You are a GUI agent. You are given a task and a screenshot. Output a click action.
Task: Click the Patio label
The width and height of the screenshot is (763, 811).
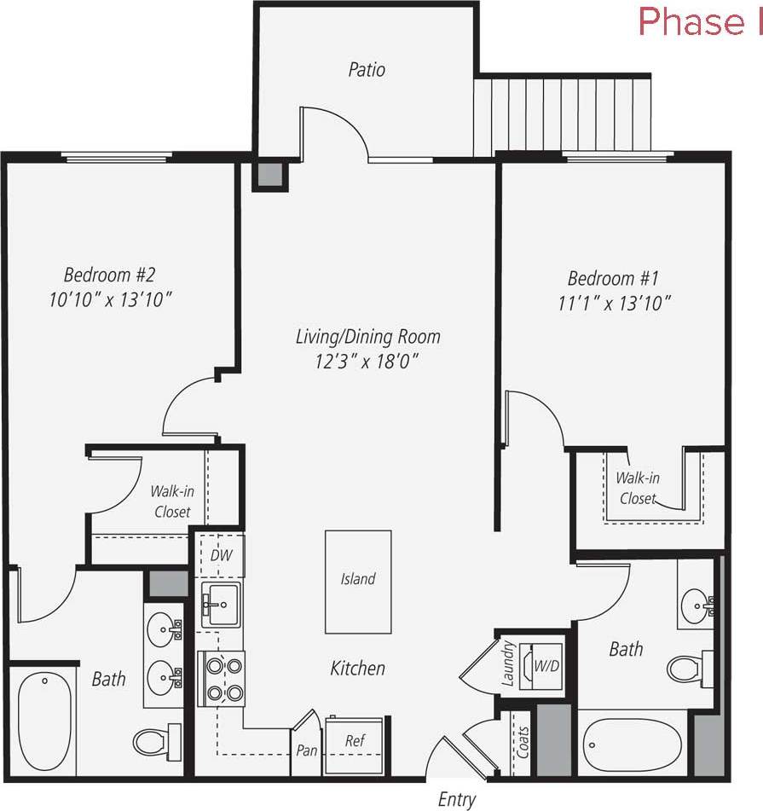coord(367,69)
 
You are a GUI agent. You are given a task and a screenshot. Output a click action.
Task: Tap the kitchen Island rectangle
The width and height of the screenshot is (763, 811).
coord(358,582)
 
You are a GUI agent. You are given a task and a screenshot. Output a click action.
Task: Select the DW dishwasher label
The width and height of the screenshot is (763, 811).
coord(220,555)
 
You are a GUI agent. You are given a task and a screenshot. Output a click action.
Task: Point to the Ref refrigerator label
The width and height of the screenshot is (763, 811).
coord(355,741)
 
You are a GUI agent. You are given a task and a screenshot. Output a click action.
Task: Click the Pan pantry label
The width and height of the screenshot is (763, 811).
coord(307,752)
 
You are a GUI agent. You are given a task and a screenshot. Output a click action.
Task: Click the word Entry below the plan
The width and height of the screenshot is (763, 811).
coord(456,799)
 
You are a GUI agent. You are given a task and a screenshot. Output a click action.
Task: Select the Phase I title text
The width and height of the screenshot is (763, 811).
coord(701,23)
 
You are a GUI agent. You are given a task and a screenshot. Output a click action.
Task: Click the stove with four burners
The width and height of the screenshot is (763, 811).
coord(222,678)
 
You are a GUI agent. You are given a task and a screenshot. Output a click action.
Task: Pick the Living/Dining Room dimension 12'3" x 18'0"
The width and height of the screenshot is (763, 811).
coord(367,360)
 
